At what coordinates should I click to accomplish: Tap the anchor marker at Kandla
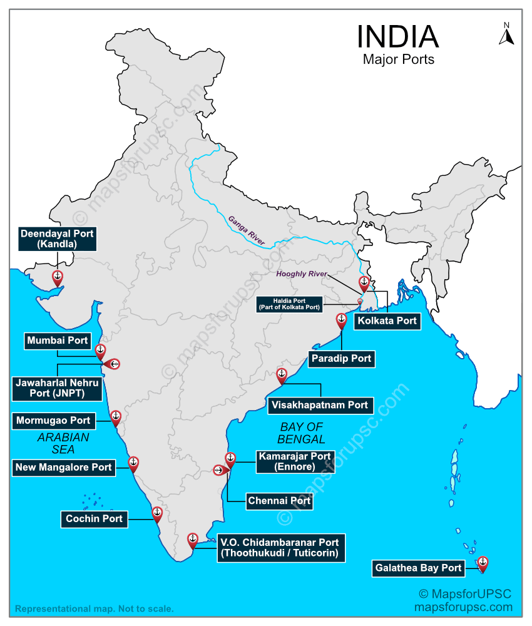(57, 276)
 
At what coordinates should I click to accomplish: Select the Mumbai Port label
(58, 341)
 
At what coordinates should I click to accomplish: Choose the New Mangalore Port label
(64, 467)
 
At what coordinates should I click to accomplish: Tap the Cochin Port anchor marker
(156, 513)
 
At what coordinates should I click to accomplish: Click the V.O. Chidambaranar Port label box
(279, 548)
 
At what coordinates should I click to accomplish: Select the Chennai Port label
(279, 501)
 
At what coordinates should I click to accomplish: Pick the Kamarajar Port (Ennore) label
(294, 462)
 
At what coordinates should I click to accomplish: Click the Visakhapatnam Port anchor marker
(281, 375)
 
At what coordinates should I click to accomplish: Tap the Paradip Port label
(341, 359)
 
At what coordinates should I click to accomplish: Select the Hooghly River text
(303, 274)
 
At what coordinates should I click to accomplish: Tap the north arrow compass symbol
(506, 34)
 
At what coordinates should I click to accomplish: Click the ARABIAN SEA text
(63, 443)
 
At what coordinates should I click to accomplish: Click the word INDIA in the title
(397, 37)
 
